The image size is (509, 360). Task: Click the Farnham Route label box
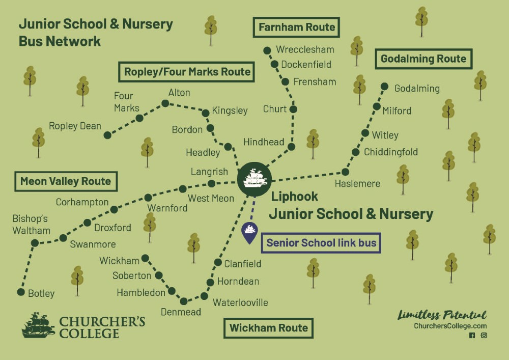[x=296, y=27]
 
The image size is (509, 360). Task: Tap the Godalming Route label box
[x=423, y=59]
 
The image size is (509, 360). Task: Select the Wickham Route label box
[x=268, y=328]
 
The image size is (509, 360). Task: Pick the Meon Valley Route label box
[x=66, y=181]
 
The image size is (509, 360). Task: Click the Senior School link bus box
[x=321, y=243]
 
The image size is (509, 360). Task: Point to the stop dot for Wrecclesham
[x=267, y=50]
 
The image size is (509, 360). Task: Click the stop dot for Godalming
[x=385, y=87]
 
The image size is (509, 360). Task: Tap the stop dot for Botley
[x=21, y=292]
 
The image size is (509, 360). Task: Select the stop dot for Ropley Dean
[x=107, y=135]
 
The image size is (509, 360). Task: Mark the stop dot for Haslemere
[x=345, y=172]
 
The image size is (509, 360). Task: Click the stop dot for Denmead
[x=184, y=301]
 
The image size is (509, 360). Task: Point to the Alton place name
[x=179, y=93]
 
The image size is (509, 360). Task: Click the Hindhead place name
[x=264, y=142]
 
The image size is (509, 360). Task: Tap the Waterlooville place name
[x=240, y=302]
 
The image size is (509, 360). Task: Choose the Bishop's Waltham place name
[x=31, y=225]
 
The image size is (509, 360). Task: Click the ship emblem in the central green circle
[x=254, y=179]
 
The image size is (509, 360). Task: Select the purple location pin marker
[x=249, y=232]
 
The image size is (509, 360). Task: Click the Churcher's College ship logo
[x=38, y=326]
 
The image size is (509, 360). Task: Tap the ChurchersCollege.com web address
[x=450, y=326]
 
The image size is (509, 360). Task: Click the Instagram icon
[x=484, y=336]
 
